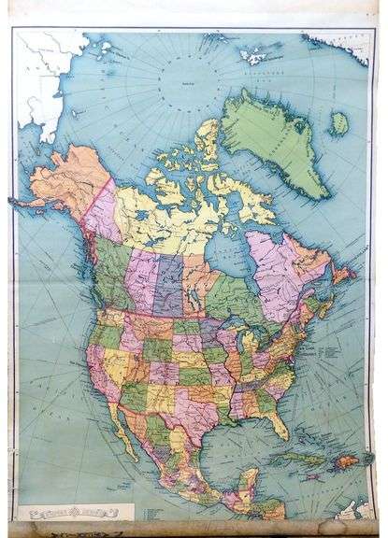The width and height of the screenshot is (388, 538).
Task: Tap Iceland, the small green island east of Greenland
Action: pos(338,123)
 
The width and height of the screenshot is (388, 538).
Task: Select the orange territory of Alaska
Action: pos(65,182)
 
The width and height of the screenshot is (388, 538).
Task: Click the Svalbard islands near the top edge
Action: pos(257,53)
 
